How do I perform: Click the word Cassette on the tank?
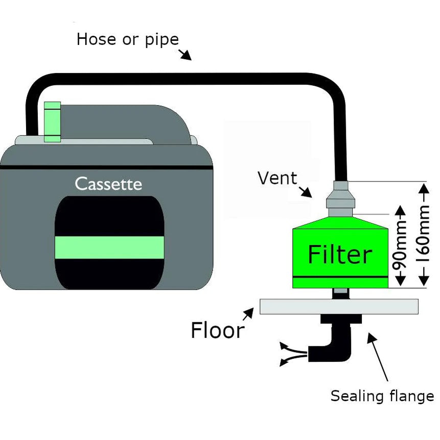pyautogui.click(x=108, y=183)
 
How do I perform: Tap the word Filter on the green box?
pyautogui.click(x=340, y=254)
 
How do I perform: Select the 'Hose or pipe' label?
pyautogui.click(x=127, y=39)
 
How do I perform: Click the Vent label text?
pyautogui.click(x=277, y=178)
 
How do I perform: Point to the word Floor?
pyautogui.click(x=217, y=330)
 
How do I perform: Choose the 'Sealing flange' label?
pyautogui.click(x=382, y=396)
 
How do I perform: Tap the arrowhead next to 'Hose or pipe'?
pyautogui.click(x=186, y=55)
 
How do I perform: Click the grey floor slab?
pyautogui.click(x=339, y=307)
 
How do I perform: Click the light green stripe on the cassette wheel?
pyautogui.click(x=109, y=247)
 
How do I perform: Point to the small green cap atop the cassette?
pyautogui.click(x=52, y=122)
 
